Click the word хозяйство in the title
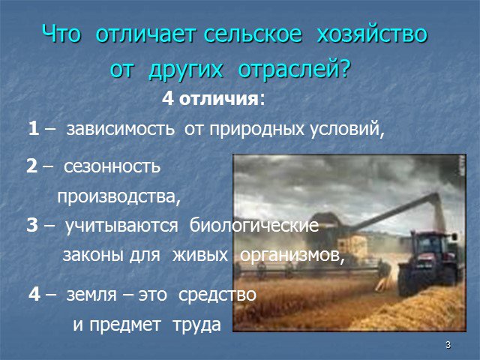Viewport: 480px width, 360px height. tap(372, 34)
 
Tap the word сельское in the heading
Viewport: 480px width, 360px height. tap(253, 34)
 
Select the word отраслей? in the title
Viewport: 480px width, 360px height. tap(294, 70)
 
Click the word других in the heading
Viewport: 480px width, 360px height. tap(186, 70)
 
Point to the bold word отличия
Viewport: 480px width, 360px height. tap(219, 99)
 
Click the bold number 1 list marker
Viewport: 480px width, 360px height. tap(34, 128)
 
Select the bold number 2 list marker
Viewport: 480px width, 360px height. tap(31, 166)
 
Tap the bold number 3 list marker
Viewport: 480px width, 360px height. tap(32, 225)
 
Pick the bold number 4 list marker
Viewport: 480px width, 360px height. tap(34, 294)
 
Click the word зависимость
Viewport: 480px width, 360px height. tap(121, 129)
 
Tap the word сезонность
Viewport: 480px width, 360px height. tap(112, 167)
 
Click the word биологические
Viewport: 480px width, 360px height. tap(254, 226)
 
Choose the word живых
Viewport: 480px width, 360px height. tap(200, 255)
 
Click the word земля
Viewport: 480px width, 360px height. tap(91, 295)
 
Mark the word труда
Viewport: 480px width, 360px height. tap(196, 325)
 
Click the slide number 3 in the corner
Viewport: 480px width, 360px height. tap(448, 345)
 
